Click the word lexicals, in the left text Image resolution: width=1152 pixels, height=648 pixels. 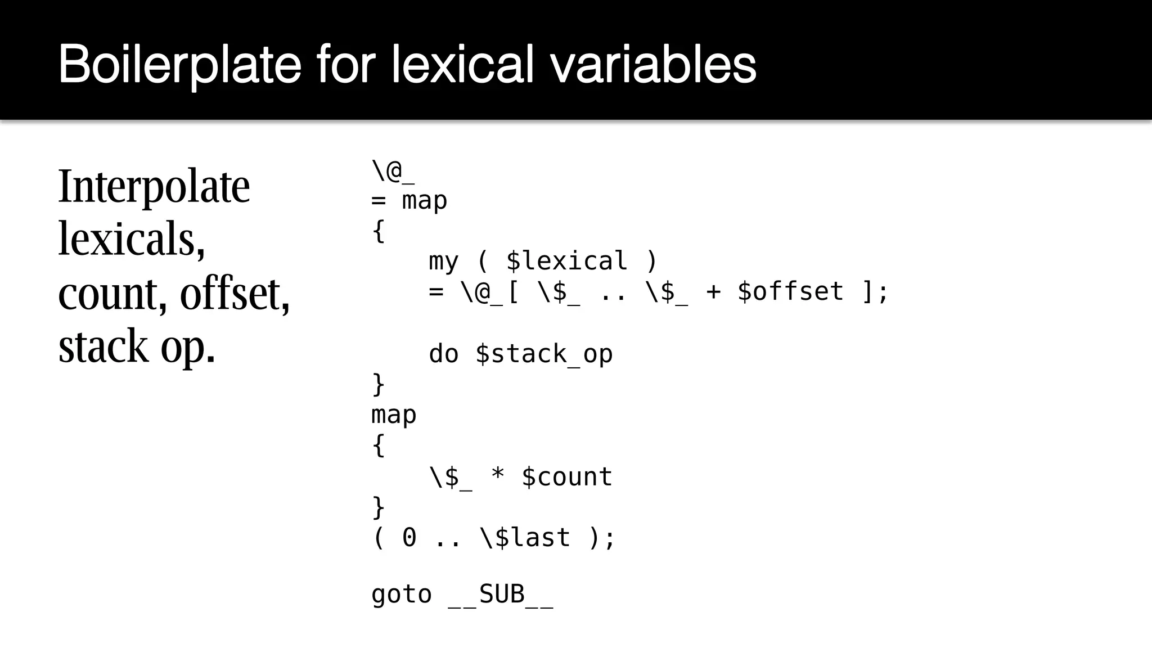pyautogui.click(x=132, y=238)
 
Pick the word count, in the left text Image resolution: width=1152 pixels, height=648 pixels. pyautogui.click(x=112, y=293)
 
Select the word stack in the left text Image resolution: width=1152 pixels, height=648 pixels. pyautogui.click(x=103, y=345)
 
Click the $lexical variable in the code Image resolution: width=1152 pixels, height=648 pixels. pyautogui.click(x=566, y=260)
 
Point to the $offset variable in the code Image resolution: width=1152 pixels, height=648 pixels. pyautogui.click(x=790, y=291)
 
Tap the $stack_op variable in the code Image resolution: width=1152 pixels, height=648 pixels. pyautogui.click(x=544, y=354)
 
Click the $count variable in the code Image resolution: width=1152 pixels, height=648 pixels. pyautogui.click(x=566, y=476)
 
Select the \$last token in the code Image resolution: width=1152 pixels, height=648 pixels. pyautogui.click(x=525, y=537)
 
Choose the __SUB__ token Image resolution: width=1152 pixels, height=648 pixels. pyautogui.click(x=501, y=595)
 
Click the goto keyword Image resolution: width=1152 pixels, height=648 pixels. pyautogui.click(x=402, y=595)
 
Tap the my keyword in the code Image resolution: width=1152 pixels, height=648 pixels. pyautogui.click(x=444, y=261)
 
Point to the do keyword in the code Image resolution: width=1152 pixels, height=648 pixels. pyautogui.click(x=444, y=354)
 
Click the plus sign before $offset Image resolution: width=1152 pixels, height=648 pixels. pyautogui.click(x=713, y=291)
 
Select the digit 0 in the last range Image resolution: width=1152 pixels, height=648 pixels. pyautogui.click(x=409, y=537)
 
